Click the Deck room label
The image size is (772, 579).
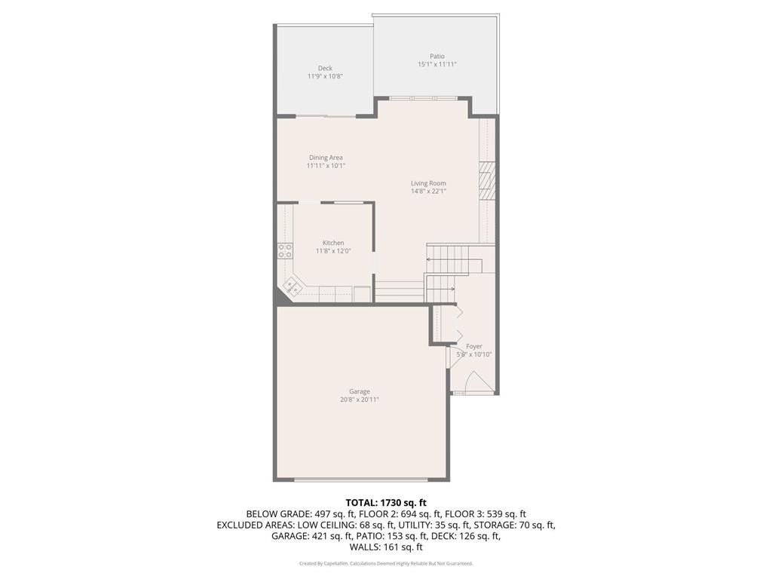[325, 68]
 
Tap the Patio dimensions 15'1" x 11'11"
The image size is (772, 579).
[437, 65]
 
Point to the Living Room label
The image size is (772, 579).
[428, 183]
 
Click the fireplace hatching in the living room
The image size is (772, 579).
[487, 180]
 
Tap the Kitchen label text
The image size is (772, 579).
[333, 243]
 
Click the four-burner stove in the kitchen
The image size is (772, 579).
[285, 251]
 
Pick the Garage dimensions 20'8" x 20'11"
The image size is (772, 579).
[359, 400]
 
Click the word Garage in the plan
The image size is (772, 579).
[359, 391]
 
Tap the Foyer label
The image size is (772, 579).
[473, 346]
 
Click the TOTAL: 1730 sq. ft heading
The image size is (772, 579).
[386, 502]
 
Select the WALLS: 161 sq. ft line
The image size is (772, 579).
[386, 547]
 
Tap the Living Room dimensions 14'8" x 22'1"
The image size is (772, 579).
[428, 191]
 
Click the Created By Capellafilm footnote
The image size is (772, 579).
[386, 563]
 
